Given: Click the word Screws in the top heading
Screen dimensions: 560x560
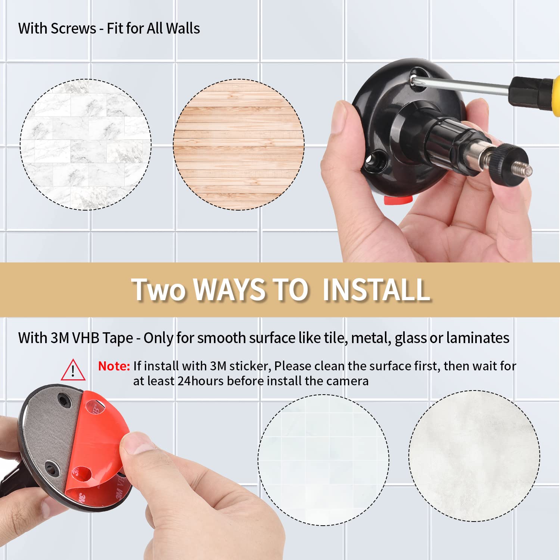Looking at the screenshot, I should click(x=73, y=29).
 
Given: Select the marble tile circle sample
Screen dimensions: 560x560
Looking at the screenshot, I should click(x=85, y=144).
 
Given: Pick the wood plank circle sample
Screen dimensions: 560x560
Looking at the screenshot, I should click(x=239, y=144).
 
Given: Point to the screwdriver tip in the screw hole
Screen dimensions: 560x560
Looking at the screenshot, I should click(x=415, y=78).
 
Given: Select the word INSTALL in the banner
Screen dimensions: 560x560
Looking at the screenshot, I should click(x=376, y=290).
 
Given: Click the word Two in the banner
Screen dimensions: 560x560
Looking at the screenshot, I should click(x=158, y=290).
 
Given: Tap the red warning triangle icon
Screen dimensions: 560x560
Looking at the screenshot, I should click(x=73, y=370).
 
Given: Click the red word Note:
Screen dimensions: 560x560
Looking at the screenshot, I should click(x=114, y=366).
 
